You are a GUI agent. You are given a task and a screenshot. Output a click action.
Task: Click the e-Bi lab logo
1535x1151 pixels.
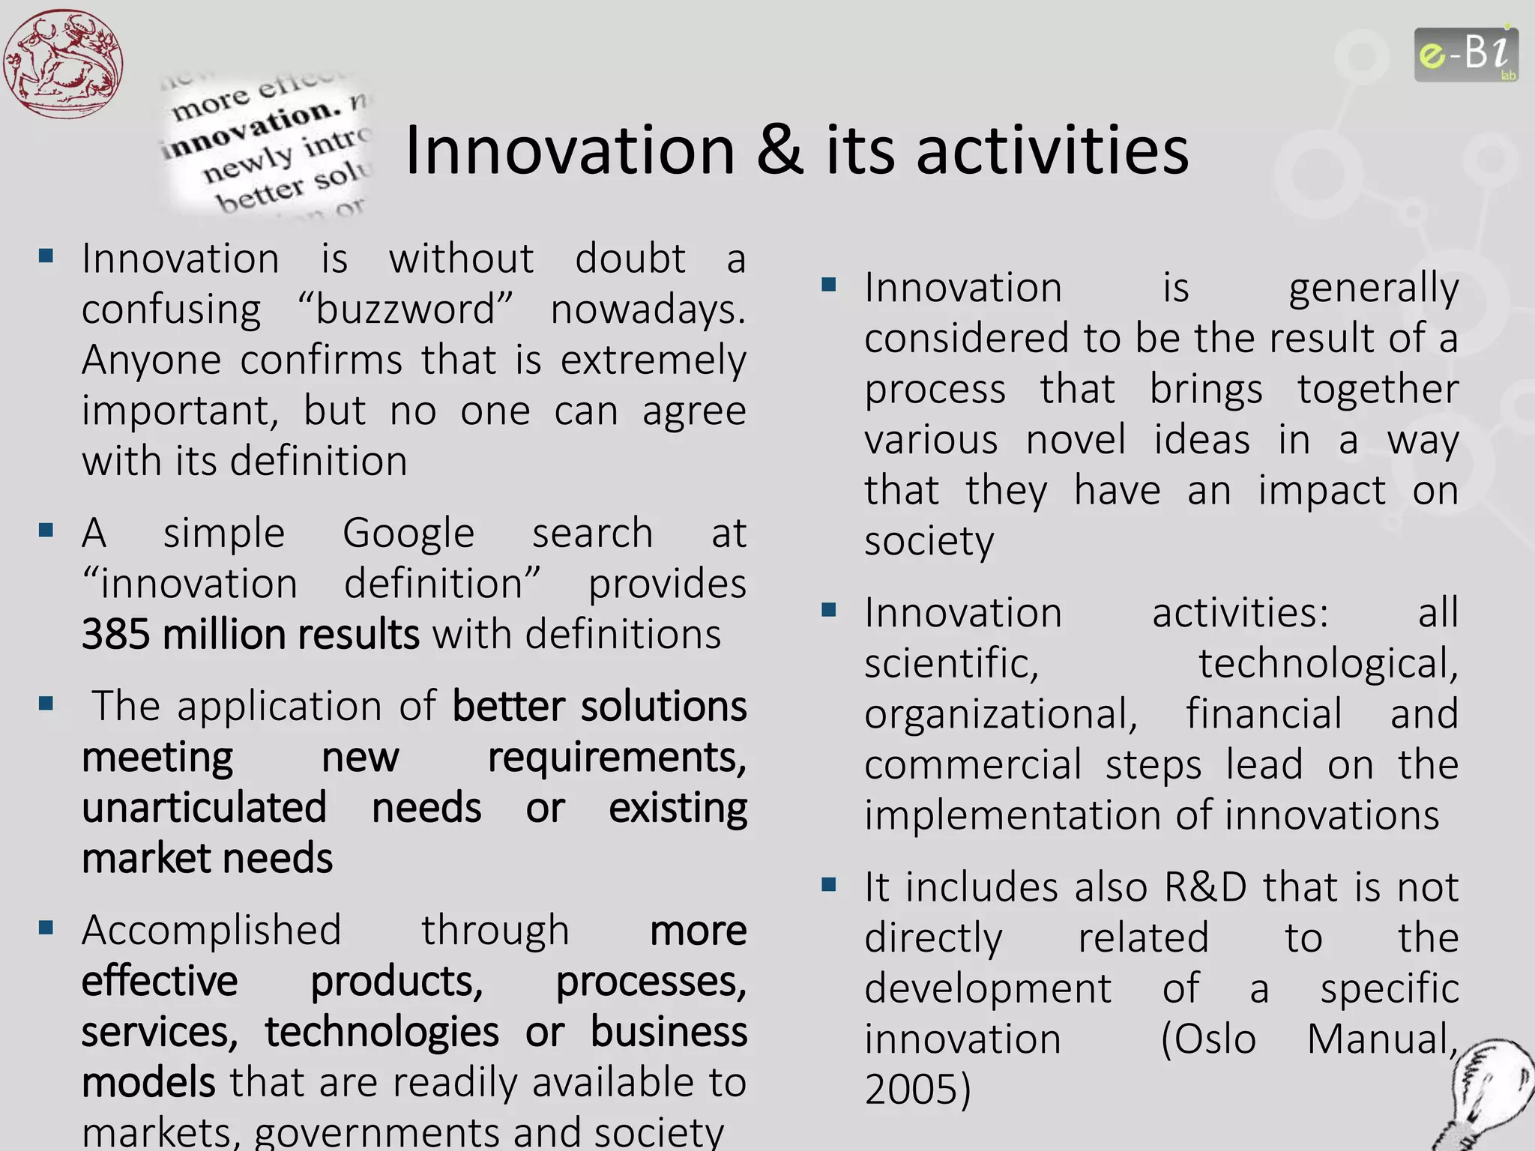[x=1466, y=55]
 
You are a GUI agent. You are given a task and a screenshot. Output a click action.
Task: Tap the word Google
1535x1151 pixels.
[x=408, y=534]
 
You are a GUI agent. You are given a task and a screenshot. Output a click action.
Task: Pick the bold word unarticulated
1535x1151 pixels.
[x=204, y=809]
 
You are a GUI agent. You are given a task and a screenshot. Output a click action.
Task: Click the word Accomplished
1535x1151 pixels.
[x=211, y=931]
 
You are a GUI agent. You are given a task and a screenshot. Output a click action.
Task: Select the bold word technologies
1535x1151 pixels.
[x=382, y=1032]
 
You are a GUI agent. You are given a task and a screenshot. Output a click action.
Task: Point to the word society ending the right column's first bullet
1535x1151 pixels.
[x=929, y=541]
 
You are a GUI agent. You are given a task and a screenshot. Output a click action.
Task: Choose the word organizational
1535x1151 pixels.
[x=1001, y=714]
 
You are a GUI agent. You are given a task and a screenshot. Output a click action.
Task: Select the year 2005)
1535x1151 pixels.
[x=917, y=1090]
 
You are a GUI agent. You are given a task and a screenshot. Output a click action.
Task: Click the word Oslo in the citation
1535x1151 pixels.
[x=1208, y=1039]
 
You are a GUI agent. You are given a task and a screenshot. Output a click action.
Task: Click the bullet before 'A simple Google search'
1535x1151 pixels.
[x=46, y=531]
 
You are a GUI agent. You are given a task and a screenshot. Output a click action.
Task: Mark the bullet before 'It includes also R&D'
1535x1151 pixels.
[x=828, y=885]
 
